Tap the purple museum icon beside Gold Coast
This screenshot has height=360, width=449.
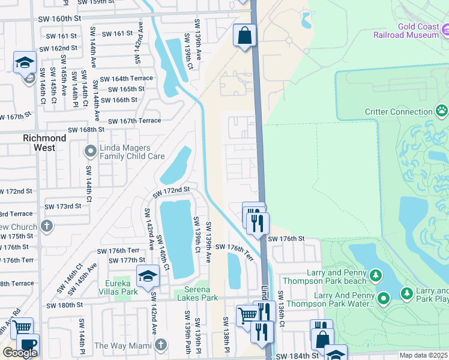click(x=445, y=29)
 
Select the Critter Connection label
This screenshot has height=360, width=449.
click(x=399, y=112)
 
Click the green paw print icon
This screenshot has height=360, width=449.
click(x=442, y=111)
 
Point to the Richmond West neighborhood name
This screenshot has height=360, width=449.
click(x=44, y=143)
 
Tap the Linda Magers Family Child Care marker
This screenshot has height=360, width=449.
click(x=91, y=151)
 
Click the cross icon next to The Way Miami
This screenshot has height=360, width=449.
click(x=160, y=345)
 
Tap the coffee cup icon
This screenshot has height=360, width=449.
click(x=27, y=344)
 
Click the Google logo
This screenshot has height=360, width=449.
click(x=20, y=353)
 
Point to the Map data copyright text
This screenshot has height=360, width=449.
click(x=423, y=356)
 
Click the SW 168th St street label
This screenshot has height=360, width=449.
click(x=86, y=130)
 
